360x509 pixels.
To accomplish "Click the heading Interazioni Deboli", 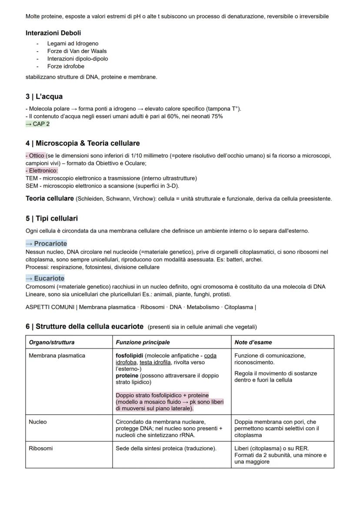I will click(53, 33).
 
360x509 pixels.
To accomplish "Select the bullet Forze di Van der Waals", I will click(77, 51).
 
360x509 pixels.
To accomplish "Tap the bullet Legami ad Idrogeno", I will click(73, 43).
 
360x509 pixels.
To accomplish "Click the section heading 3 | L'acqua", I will click(44, 96).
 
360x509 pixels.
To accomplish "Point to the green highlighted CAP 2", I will click(38, 124).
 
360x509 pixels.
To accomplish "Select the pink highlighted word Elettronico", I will click(43, 171).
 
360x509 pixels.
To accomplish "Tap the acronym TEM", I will click(32, 178).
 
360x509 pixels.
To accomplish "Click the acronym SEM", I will click(32, 186).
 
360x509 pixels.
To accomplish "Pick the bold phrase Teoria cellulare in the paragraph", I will click(50, 199).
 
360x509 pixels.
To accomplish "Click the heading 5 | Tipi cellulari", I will click(52, 218).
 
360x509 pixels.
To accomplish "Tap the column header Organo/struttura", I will click(52, 342).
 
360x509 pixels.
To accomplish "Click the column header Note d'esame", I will click(253, 342).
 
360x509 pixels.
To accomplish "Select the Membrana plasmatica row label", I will click(57, 356).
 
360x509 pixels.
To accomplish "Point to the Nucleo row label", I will click(38, 422).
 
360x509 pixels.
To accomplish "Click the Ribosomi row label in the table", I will click(41, 449).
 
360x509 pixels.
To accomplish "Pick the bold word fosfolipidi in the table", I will click(131, 356).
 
